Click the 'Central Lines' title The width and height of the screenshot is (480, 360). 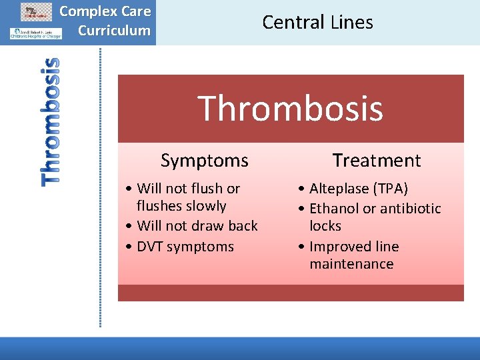click(317, 22)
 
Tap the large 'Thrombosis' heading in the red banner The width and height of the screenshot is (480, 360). click(290, 108)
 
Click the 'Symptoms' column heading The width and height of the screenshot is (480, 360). click(204, 160)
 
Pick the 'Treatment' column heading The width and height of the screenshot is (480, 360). click(377, 160)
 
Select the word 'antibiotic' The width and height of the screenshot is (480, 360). click(408, 209)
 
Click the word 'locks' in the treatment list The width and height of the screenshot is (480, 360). click(325, 226)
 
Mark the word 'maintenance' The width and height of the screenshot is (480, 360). click(351, 264)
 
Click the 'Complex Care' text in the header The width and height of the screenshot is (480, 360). click(105, 11)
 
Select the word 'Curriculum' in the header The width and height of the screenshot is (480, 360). click(114, 30)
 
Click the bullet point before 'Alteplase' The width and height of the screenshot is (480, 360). click(302, 189)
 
